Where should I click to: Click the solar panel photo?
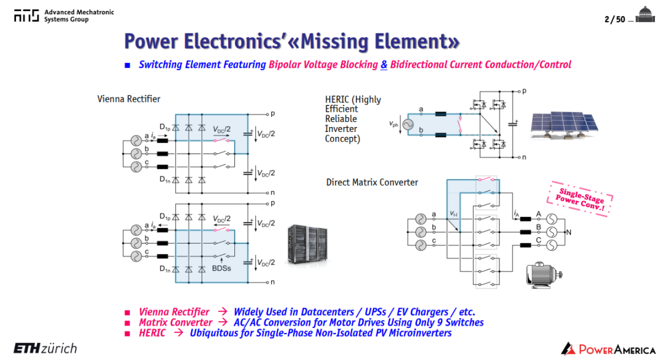564,125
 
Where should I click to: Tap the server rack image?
308,245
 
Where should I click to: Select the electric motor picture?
544,275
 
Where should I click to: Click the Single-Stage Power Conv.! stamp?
580,198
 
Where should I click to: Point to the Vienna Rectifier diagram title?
129,99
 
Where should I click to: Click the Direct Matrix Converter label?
372,182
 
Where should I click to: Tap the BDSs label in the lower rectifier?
221,268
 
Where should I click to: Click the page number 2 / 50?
615,19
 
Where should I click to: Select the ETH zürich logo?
46,348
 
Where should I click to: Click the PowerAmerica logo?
608,349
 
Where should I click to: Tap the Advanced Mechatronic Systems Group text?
79,15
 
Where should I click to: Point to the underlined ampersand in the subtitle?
384,65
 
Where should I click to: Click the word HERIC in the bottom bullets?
152,333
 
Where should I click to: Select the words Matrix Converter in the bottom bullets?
175,322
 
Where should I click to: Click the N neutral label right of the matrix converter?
569,232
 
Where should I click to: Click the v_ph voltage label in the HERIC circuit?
393,124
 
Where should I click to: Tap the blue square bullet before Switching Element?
128,65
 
